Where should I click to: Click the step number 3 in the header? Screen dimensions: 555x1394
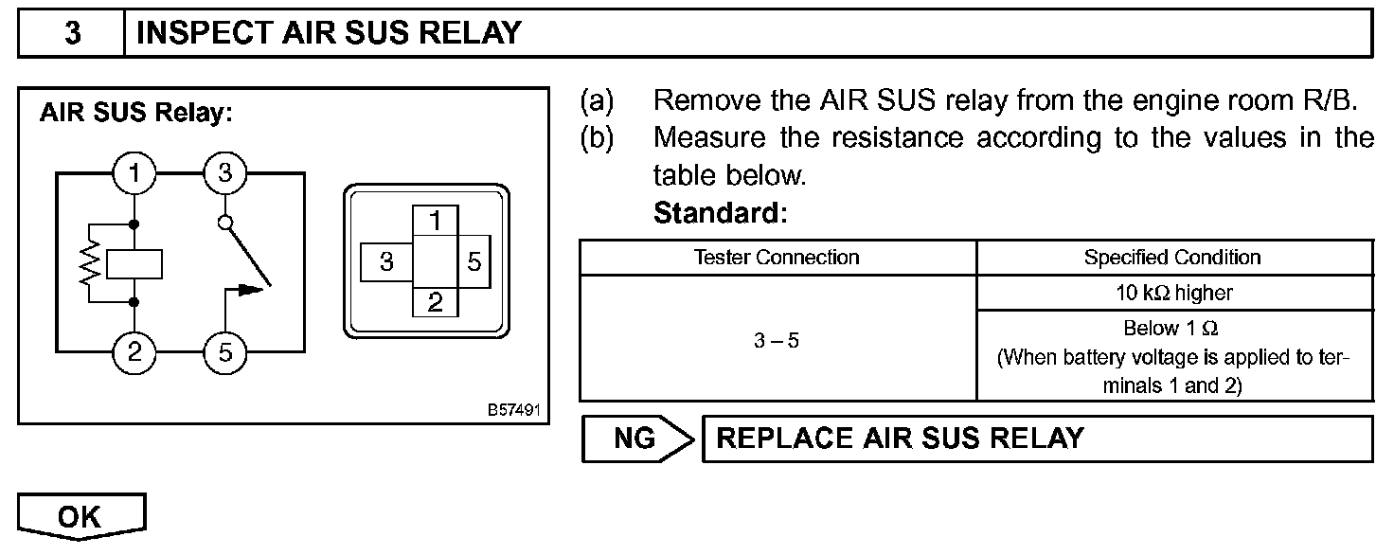72,33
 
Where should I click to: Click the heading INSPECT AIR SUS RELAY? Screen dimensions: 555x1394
329,33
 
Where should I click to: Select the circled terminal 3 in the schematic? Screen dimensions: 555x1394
224,173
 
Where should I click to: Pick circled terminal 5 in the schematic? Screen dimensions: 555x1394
224,353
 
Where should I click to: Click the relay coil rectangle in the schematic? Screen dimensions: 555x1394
134,264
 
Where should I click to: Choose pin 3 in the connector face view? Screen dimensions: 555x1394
386,261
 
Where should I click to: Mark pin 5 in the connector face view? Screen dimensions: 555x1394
474,261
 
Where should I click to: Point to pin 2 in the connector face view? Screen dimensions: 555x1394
436,302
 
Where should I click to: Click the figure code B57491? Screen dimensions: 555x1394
514,411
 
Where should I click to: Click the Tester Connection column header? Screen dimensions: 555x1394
777,258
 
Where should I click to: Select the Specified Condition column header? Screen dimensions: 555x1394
1172,258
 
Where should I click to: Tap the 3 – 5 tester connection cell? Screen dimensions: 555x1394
777,340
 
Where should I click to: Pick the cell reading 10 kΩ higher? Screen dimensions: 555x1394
1174,293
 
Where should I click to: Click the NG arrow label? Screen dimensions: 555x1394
637,439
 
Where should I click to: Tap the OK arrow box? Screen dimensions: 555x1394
80,517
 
